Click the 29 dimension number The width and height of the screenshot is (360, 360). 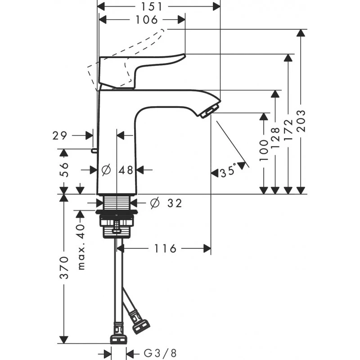(x=59, y=135)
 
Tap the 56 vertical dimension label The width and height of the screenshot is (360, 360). (x=64, y=170)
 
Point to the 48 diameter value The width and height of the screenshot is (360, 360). (x=126, y=170)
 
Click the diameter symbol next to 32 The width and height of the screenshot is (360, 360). (x=154, y=203)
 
